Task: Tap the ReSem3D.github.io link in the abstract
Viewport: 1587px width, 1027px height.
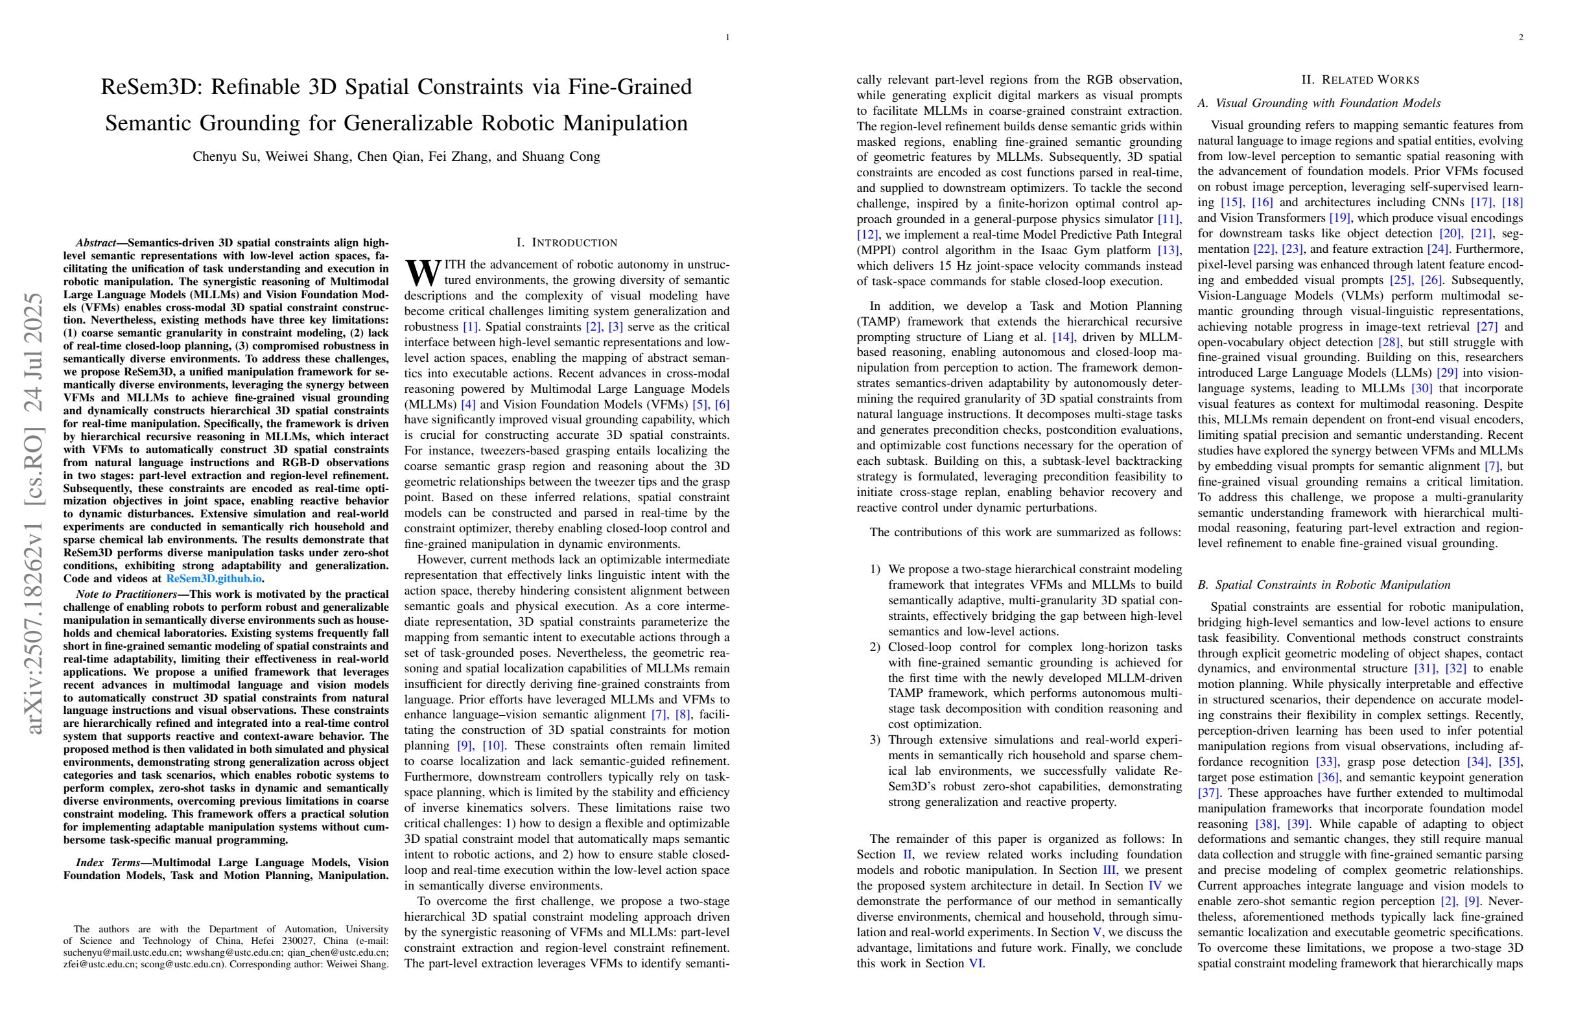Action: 213,579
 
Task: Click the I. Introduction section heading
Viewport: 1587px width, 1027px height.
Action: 567,242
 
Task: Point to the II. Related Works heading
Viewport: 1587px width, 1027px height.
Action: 1360,80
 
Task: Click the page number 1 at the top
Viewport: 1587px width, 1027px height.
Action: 727,38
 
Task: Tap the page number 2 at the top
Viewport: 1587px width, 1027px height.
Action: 1520,38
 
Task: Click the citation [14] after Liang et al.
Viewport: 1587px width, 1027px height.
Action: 1063,337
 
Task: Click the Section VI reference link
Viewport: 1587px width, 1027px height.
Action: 976,963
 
